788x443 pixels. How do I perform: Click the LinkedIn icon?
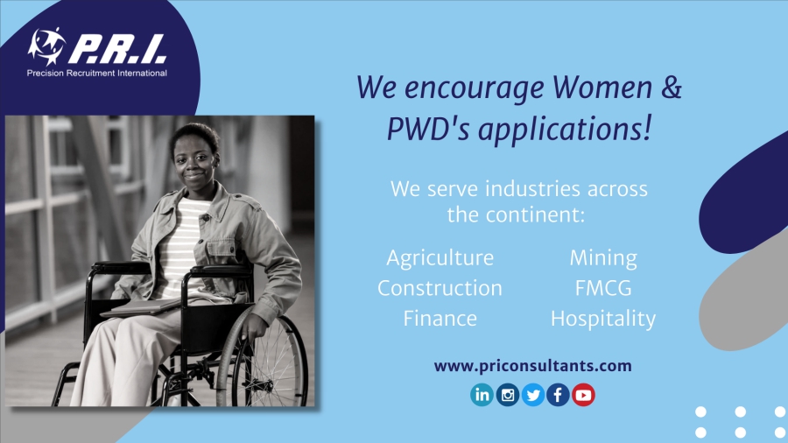click(482, 395)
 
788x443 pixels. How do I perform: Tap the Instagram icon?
click(508, 395)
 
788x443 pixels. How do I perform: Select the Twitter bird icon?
click(532, 395)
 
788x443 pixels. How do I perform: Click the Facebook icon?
click(558, 395)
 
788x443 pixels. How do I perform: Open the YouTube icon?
click(583, 395)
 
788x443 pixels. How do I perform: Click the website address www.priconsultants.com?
click(532, 366)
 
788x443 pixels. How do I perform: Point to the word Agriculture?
click(440, 258)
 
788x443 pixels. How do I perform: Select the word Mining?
click(603, 258)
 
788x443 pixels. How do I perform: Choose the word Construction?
click(440, 288)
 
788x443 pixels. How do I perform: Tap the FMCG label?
click(603, 288)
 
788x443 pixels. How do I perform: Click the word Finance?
click(440, 319)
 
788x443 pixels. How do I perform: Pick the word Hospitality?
click(603, 319)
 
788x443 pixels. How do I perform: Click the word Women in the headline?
click(602, 87)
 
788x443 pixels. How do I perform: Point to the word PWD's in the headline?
click(427, 129)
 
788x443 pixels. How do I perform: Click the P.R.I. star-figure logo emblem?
click(46, 46)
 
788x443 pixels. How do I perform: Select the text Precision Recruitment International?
click(96, 74)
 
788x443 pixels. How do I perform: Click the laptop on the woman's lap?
click(144, 306)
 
